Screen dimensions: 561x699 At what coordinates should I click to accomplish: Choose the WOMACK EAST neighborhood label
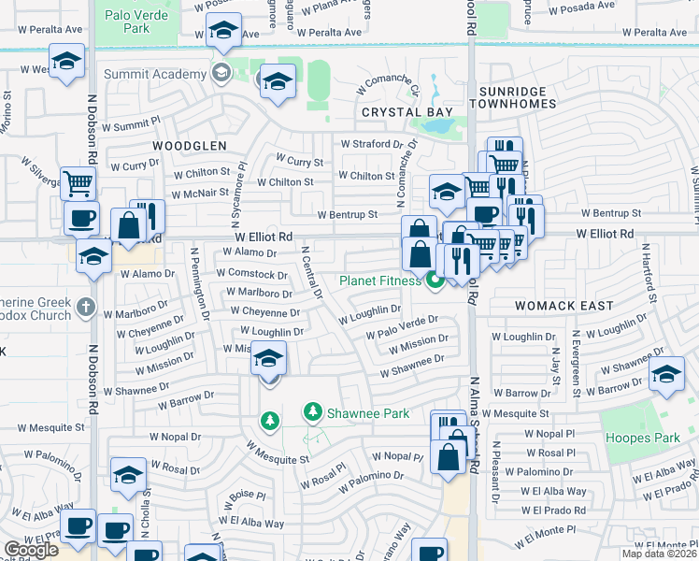(x=564, y=306)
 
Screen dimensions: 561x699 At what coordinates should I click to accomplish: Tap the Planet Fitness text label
(x=381, y=280)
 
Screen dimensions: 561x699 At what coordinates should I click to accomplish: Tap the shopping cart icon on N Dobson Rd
(x=78, y=181)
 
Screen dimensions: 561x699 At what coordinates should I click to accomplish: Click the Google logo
(x=32, y=550)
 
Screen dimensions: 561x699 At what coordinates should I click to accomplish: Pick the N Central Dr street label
(x=311, y=272)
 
